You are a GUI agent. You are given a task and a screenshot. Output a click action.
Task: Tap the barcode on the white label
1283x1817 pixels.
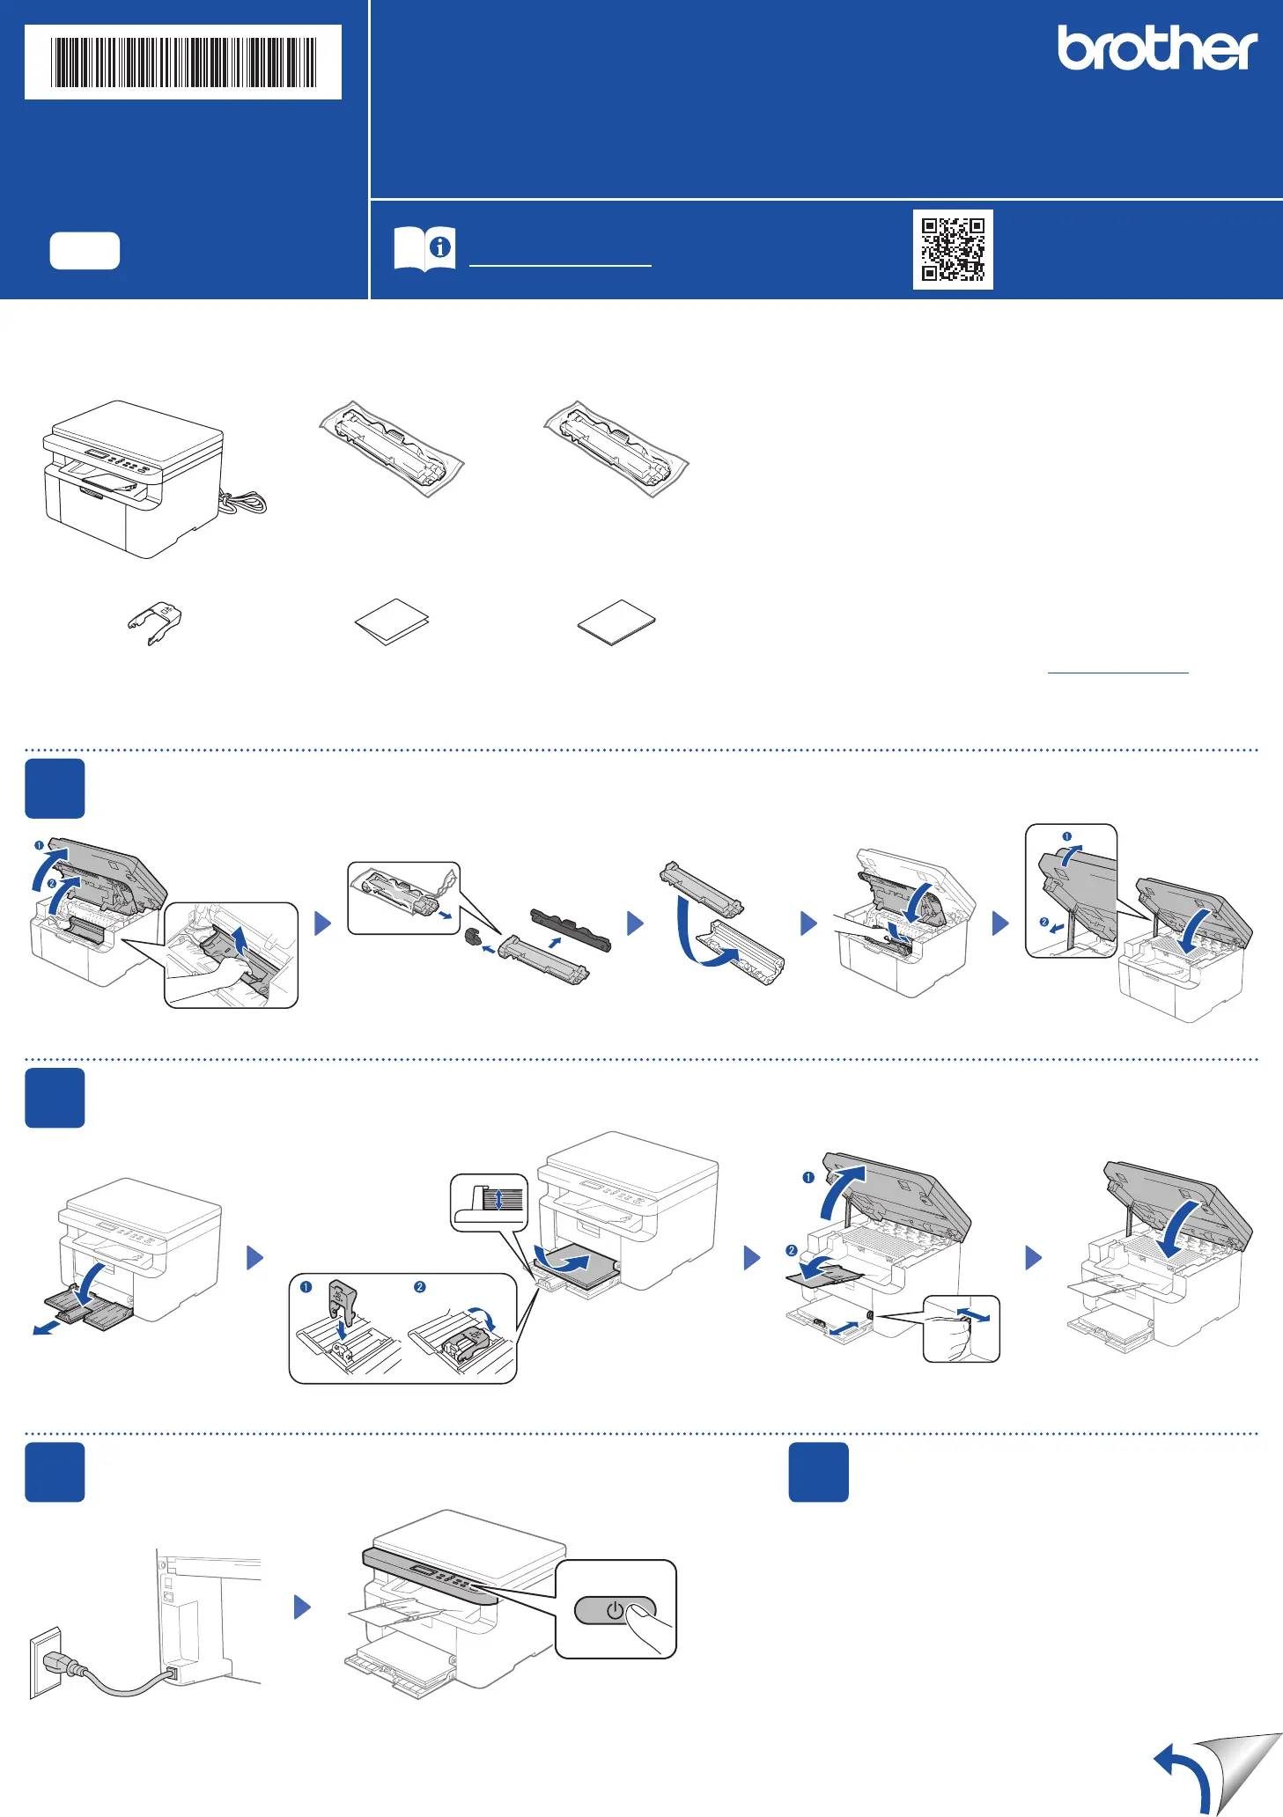pyautogui.click(x=183, y=62)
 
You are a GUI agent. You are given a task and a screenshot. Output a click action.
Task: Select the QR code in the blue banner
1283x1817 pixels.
pyautogui.click(x=953, y=249)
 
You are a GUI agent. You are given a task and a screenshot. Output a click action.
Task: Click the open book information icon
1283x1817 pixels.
pyautogui.click(x=424, y=248)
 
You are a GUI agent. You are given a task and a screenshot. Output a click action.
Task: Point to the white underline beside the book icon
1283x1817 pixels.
pyautogui.click(x=560, y=264)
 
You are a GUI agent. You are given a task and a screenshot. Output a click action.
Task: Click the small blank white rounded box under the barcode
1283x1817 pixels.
pyautogui.click(x=85, y=251)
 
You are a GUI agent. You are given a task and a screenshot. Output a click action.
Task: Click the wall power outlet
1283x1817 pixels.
pyautogui.click(x=46, y=1662)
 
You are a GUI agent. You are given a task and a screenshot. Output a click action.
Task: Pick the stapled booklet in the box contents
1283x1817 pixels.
pyautogui.click(x=616, y=622)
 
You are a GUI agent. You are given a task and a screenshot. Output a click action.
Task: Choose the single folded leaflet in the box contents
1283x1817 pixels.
pyautogui.click(x=392, y=622)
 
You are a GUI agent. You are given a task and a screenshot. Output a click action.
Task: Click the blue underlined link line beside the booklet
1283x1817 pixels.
pyautogui.click(x=1118, y=673)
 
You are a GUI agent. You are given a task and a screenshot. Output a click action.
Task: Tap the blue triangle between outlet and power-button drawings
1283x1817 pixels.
pyautogui.click(x=302, y=1607)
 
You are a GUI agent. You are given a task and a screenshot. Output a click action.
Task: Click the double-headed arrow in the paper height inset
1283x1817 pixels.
pyautogui.click(x=499, y=1199)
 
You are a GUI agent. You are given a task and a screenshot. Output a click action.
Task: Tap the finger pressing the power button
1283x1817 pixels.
pyautogui.click(x=649, y=1629)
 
